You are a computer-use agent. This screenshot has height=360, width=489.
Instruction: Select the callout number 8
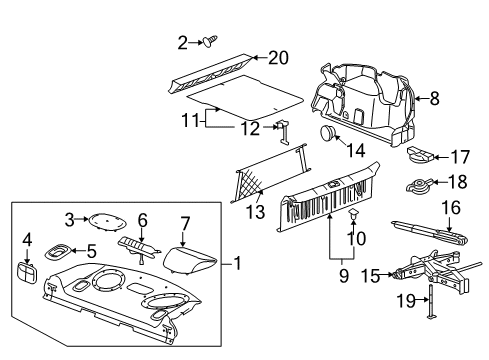click(432, 98)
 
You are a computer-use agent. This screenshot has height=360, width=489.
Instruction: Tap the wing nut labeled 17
click(420, 156)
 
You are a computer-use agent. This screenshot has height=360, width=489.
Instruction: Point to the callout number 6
click(142, 218)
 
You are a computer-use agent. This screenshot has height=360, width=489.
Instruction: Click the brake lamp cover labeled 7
click(187, 261)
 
